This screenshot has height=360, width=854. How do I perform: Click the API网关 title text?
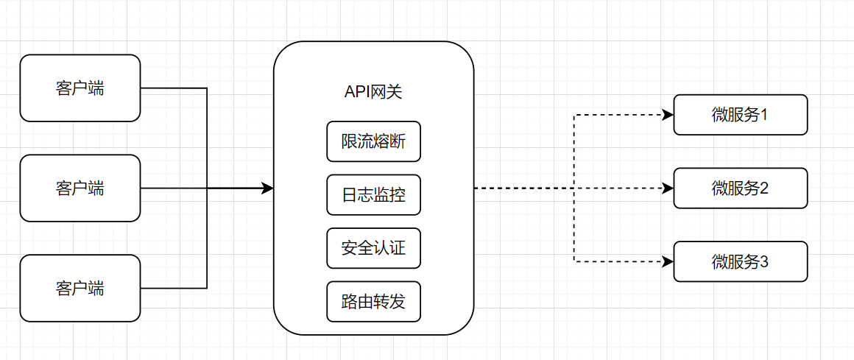[x=373, y=92]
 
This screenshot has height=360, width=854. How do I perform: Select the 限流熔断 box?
[x=373, y=141]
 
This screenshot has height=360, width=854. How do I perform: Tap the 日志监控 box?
[x=373, y=195]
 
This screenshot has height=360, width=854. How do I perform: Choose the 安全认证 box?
[x=373, y=248]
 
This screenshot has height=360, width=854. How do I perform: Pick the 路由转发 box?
[x=373, y=301]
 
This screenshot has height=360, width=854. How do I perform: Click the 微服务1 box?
[x=741, y=115]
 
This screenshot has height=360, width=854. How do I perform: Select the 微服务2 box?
[x=741, y=188]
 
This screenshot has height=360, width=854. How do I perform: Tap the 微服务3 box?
[x=741, y=261]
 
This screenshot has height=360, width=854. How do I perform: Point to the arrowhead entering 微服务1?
[x=668, y=115]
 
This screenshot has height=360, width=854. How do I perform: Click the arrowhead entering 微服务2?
[x=668, y=188]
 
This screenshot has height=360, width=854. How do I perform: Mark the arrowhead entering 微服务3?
[x=668, y=261]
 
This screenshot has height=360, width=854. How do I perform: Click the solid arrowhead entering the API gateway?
[x=268, y=188]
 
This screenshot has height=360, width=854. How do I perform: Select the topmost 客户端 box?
[x=80, y=88]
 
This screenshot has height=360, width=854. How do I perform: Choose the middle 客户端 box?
[x=80, y=188]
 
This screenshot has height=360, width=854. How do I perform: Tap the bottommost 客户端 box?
[x=80, y=288]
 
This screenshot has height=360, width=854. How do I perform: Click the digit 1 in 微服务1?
[x=765, y=115]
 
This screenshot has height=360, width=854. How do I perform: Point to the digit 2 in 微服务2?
[x=765, y=188]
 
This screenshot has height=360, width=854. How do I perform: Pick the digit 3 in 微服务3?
[x=765, y=261]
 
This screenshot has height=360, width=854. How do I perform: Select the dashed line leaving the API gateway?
[x=523, y=188]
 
